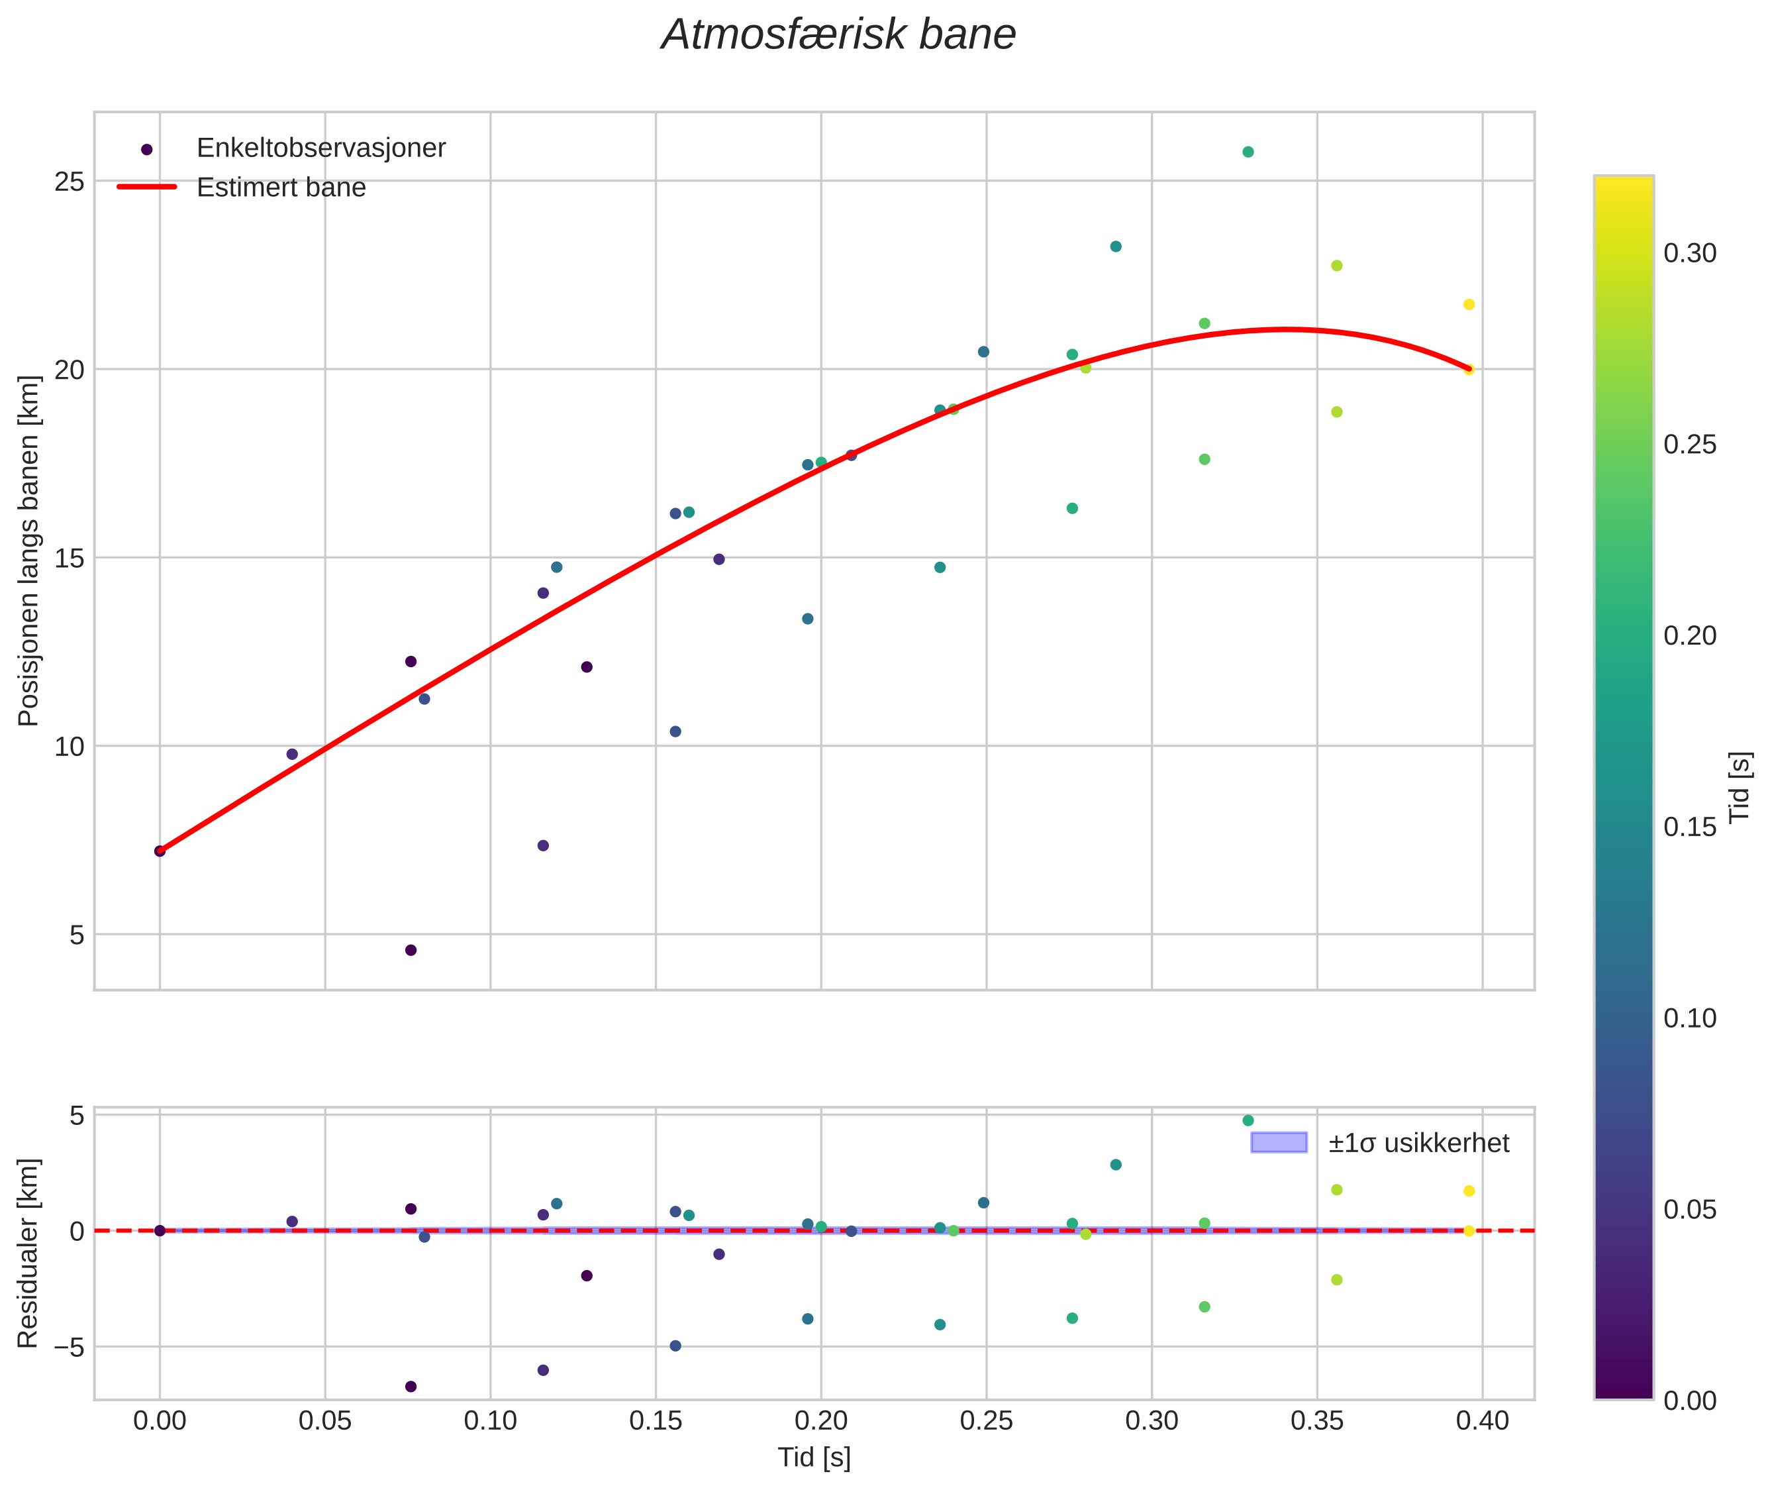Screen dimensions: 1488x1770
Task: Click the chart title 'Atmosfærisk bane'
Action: (838, 35)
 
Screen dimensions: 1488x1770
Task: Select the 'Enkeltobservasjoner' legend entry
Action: (320, 148)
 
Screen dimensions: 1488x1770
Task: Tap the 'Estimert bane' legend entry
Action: (281, 187)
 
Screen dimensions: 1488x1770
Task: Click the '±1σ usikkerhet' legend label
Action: (1418, 1143)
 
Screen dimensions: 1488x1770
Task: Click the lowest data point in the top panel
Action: (411, 950)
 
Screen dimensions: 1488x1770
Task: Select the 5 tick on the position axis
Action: (77, 935)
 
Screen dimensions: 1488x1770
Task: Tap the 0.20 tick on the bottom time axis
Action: (820, 1421)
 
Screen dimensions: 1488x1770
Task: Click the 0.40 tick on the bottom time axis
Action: (1483, 1421)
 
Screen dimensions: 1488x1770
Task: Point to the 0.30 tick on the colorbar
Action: (1689, 253)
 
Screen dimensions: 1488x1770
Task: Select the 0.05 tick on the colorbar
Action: (1689, 1210)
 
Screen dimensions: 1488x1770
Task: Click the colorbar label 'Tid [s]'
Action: (1740, 787)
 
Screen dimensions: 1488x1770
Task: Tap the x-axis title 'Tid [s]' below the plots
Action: (814, 1458)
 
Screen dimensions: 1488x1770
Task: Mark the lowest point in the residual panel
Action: (411, 1387)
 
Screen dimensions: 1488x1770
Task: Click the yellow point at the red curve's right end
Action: (1468, 370)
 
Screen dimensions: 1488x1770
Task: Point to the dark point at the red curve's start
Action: (160, 851)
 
